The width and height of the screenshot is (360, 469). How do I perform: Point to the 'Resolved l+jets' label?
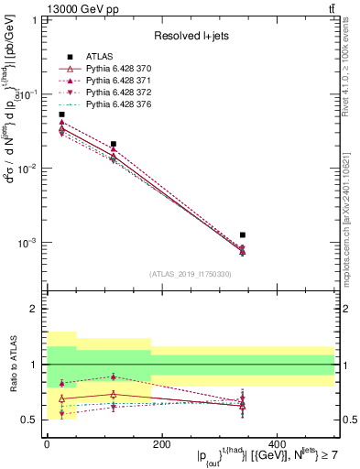pyautogui.click(x=187, y=36)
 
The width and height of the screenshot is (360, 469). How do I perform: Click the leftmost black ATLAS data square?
pyautogui.click(x=61, y=115)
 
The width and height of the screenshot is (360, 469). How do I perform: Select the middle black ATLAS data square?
pyautogui.click(x=113, y=144)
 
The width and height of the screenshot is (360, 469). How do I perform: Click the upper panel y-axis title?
pyautogui.click(x=12, y=147)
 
